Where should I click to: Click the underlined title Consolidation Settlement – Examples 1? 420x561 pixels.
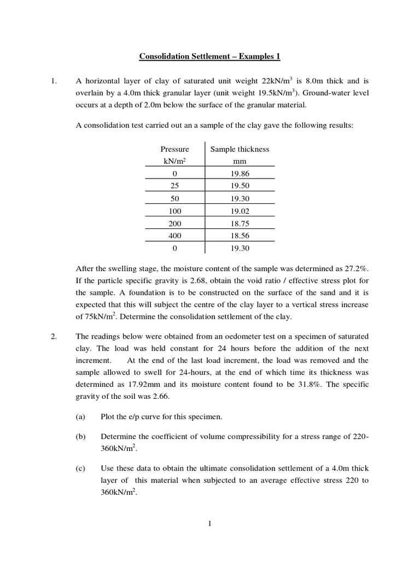pyautogui.click(x=209, y=56)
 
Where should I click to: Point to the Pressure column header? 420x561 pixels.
pyautogui.click(x=174, y=149)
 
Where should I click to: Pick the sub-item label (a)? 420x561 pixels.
pyautogui.click(x=81, y=416)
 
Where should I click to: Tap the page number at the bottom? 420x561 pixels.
pyautogui.click(x=209, y=524)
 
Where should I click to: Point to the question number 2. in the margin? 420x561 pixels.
pyautogui.click(x=54, y=336)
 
